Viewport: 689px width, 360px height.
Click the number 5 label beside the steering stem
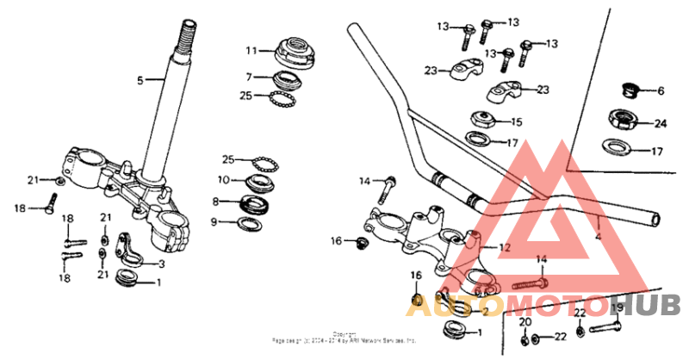pyautogui.click(x=140, y=80)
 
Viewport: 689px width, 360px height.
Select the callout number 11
pyautogui.click(x=251, y=49)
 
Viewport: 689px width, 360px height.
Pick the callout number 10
pyautogui.click(x=222, y=180)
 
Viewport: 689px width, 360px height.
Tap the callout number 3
pyautogui.click(x=160, y=264)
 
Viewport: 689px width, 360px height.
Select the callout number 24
pyautogui.click(x=661, y=123)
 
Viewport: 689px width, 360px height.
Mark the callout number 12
pyautogui.click(x=505, y=247)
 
